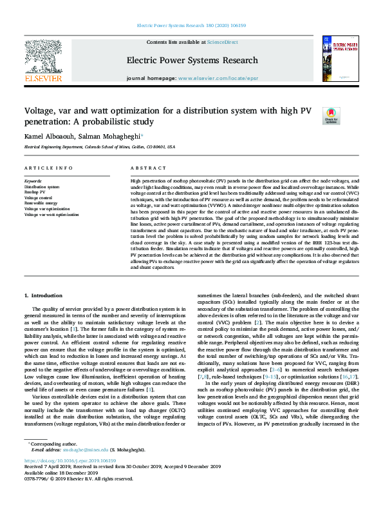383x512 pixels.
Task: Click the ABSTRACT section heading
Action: pos(144,168)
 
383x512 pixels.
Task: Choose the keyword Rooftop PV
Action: pos(35,192)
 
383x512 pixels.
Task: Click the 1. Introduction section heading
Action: pos(44,295)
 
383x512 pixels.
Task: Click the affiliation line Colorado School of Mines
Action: pos(99,146)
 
